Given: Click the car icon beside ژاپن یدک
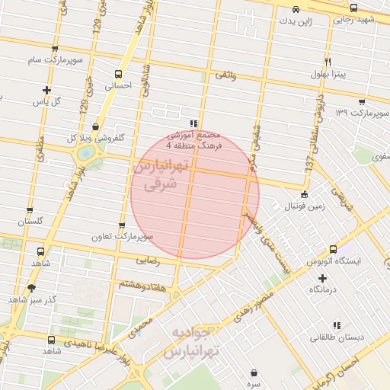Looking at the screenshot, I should coord(296,10).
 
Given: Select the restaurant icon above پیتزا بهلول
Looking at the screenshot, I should coord(328,62).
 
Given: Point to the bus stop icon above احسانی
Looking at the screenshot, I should coord(118,75).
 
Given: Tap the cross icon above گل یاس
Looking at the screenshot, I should coord(47,89).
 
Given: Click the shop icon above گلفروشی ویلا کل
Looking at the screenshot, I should coord(94,127).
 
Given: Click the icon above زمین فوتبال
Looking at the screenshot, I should coord(304,194).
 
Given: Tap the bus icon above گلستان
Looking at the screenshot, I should coord(30,210).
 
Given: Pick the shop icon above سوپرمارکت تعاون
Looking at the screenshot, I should coord(122,225).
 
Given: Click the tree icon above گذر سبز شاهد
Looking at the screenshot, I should coord(31,287).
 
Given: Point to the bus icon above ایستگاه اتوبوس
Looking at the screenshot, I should coord(333,249).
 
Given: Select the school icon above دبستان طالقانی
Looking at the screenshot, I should coord(337,324).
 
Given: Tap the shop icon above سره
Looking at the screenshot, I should coord(254,372).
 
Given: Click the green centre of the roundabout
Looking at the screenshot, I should coord(85,152).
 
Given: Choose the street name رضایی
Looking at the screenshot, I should coord(145,261).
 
